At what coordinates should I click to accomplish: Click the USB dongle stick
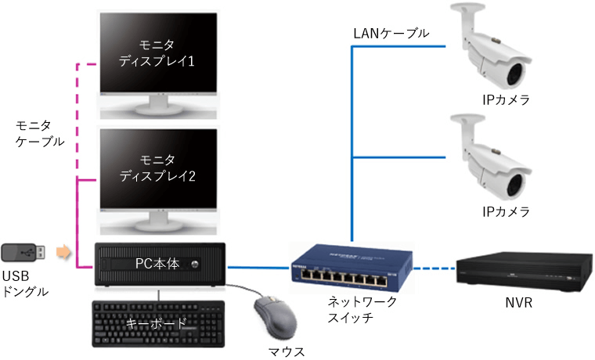[x=27, y=252]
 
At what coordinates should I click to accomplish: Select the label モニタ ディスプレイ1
[x=157, y=53]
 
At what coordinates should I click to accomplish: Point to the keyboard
[x=157, y=320]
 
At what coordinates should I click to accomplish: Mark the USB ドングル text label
[x=25, y=284]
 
